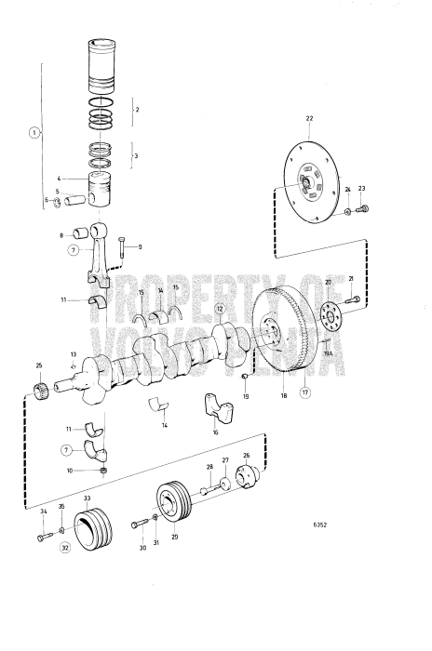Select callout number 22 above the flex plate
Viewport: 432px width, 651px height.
point(310,118)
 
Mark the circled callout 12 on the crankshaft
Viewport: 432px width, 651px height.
point(220,309)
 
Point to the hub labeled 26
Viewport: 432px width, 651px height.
point(248,478)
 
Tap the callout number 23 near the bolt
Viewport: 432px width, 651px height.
point(362,190)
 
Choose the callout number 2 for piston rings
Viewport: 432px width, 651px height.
point(137,110)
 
